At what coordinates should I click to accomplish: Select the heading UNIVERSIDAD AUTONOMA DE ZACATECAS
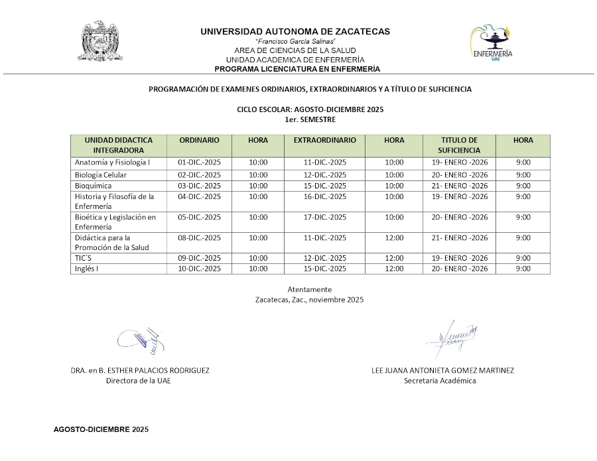[x=295, y=31]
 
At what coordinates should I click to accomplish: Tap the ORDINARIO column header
[x=199, y=141]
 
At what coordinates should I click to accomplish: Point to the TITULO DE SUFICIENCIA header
[x=459, y=145]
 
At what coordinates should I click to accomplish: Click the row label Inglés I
[x=86, y=269]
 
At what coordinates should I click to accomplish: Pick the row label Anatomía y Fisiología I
[x=112, y=163]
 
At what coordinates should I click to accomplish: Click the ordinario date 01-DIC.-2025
[x=199, y=163]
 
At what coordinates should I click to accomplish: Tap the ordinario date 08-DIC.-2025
[x=199, y=237]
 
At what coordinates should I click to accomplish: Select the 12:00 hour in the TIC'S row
[x=394, y=258]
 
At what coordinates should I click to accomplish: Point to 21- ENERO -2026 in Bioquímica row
[x=459, y=186]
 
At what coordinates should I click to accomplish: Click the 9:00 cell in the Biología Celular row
[x=523, y=175]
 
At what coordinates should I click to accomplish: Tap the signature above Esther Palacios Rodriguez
[x=141, y=340]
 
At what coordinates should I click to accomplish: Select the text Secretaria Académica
[x=440, y=381]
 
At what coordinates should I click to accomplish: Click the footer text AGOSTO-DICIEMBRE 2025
[x=101, y=430]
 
